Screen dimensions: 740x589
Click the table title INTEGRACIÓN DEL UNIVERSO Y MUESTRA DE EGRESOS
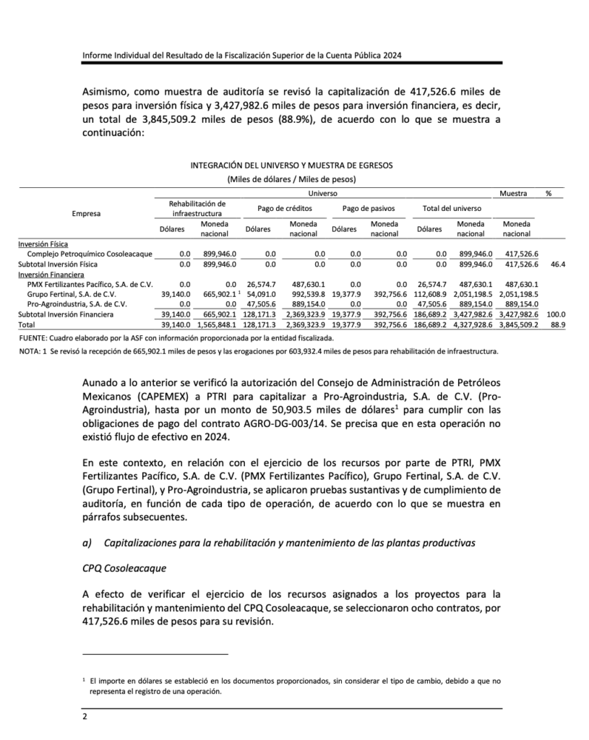tap(291, 165)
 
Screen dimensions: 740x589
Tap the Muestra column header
tap(512, 193)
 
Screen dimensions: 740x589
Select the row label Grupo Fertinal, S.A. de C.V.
tap(71, 295)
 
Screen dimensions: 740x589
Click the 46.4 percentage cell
tap(557, 264)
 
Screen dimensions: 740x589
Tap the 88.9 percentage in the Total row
tap(557, 325)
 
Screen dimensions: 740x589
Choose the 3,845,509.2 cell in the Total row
tap(518, 325)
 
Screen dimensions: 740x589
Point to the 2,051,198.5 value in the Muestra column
tap(518, 295)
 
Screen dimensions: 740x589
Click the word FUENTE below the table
tap(33, 338)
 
